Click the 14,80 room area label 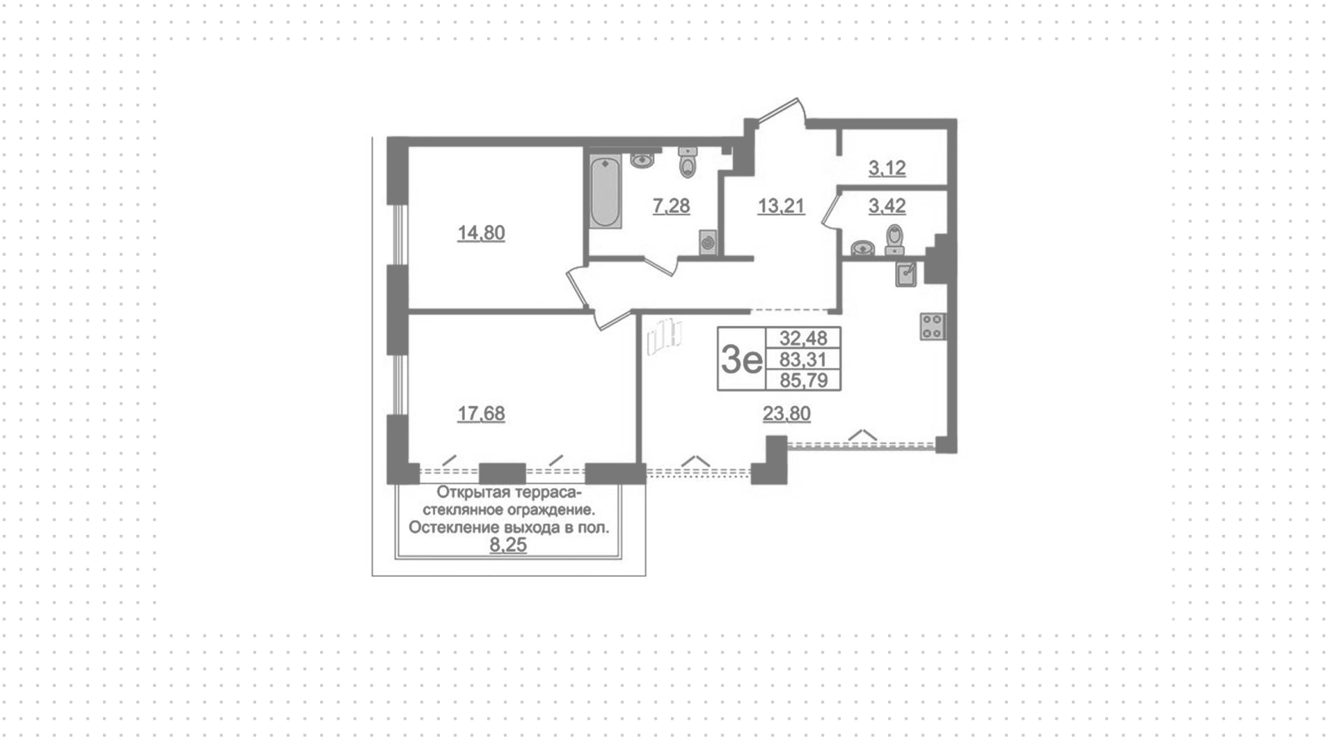481,233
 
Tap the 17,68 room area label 481,414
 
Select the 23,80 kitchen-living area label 786,414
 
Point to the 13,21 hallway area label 781,206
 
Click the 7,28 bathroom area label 671,206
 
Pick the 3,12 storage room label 887,168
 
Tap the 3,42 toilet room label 887,206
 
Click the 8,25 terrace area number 508,545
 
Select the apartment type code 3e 741,359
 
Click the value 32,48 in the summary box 803,338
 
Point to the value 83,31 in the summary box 803,358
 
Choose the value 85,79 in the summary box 803,379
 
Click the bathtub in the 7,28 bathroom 605,192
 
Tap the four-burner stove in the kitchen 932,327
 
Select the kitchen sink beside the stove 906,275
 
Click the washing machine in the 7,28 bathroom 708,242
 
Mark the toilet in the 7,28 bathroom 688,162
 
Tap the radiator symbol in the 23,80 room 665,336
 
